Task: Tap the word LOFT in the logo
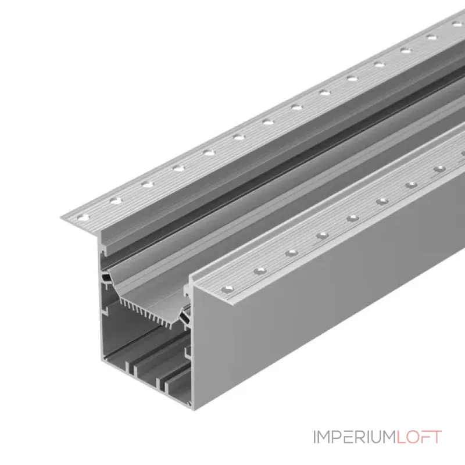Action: click(419, 437)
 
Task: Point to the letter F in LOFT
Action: click(424, 437)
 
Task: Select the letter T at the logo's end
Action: click(436, 437)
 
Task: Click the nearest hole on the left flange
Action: click(83, 217)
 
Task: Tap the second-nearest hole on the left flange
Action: click(116, 201)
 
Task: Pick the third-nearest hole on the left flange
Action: click(148, 184)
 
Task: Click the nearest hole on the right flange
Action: click(227, 289)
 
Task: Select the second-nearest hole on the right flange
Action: click(260, 271)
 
